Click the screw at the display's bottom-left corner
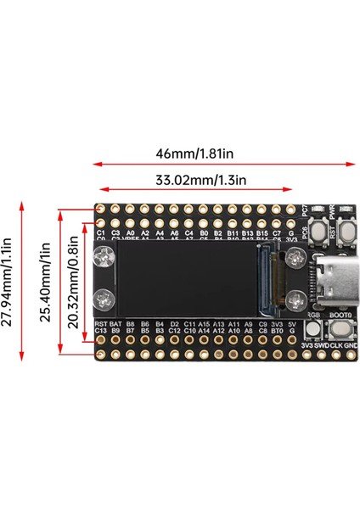coord(107,298)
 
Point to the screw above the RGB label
coord(295,298)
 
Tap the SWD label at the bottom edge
coord(323,345)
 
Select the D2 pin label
coord(174,324)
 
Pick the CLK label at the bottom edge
coord(338,345)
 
